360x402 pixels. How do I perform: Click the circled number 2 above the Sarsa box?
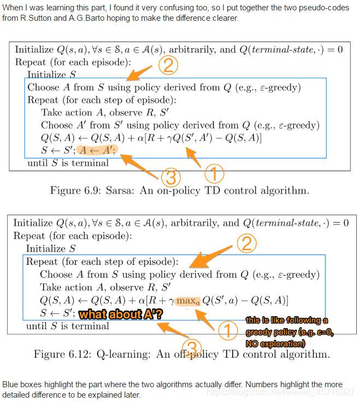[x=169, y=66]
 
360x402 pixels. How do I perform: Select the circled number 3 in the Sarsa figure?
[x=170, y=177]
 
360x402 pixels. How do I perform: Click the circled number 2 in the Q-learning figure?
[x=246, y=243]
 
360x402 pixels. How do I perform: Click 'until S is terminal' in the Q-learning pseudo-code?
[x=68, y=326]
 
